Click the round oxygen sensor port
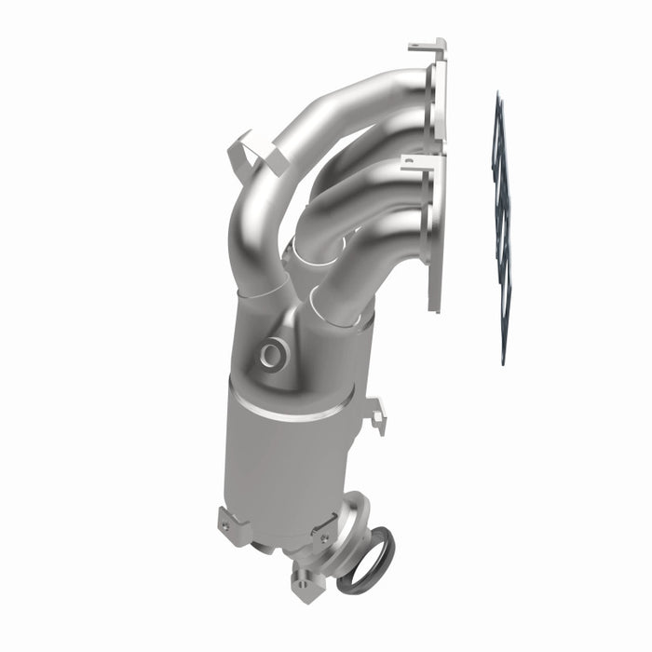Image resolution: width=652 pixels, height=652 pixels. [x=273, y=353]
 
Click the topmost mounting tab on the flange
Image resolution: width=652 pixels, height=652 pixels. [x=428, y=46]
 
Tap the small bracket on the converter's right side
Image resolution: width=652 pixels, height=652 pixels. [x=376, y=414]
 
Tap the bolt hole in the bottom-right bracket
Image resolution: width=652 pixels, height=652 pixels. [x=324, y=538]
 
